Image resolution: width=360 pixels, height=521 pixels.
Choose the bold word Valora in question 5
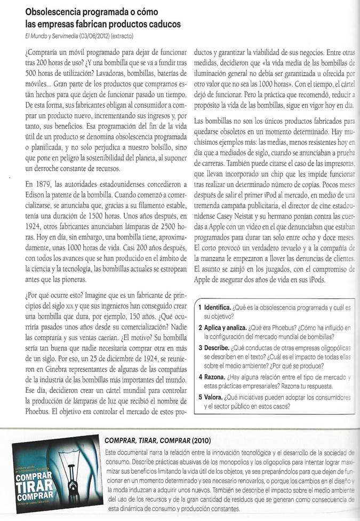click(214, 397)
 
